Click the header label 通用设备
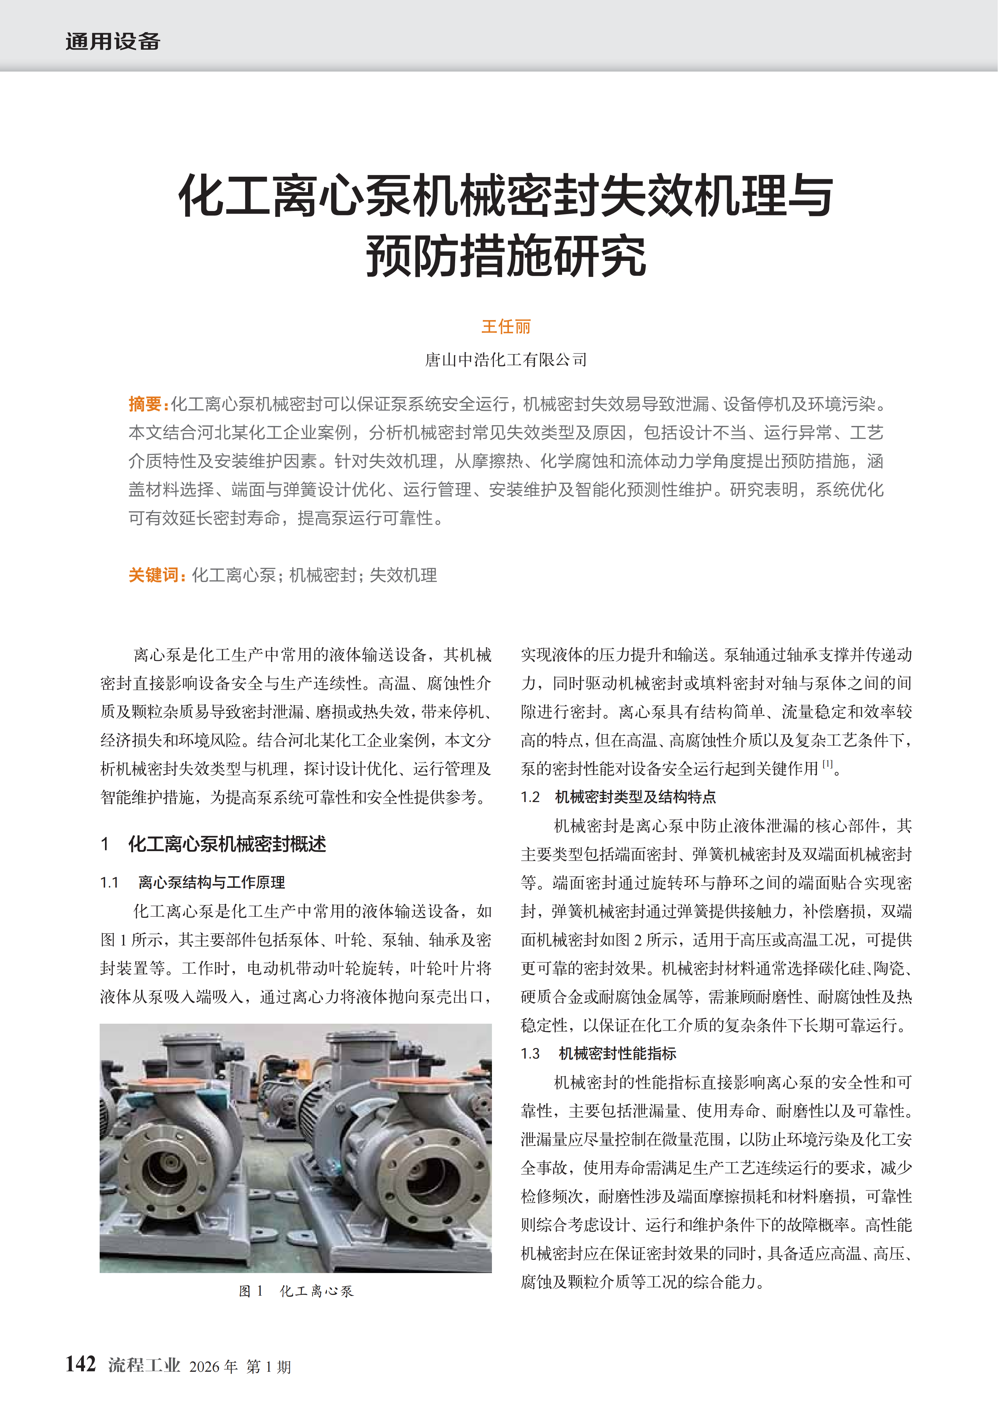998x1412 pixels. pos(113,42)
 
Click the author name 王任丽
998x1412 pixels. pos(505,327)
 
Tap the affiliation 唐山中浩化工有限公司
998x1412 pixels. pos(505,360)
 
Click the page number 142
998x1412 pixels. pos(80,1364)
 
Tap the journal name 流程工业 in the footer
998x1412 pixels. pos(144,1365)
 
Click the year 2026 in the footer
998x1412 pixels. pos(204,1366)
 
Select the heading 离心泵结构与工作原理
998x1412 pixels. pos(212,883)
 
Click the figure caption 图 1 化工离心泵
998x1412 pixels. pos(296,1291)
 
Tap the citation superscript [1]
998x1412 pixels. pos(828,764)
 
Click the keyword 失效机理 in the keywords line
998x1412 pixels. pos(403,575)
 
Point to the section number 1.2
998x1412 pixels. pos(530,798)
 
